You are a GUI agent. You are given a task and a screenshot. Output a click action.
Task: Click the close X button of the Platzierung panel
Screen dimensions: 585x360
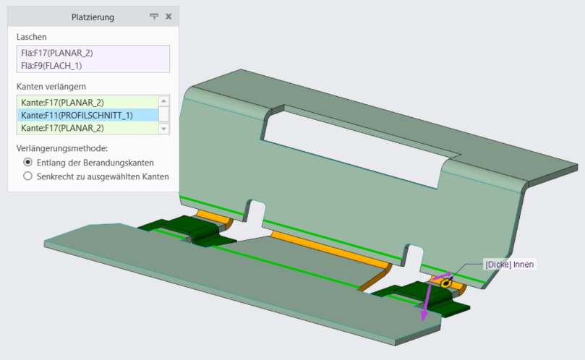(x=168, y=17)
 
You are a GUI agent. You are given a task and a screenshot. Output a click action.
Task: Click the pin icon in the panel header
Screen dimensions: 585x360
(x=154, y=17)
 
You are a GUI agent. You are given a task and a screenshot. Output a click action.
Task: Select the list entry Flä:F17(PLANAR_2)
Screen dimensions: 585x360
(x=57, y=53)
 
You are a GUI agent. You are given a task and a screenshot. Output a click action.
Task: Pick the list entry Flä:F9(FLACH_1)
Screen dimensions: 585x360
(x=51, y=66)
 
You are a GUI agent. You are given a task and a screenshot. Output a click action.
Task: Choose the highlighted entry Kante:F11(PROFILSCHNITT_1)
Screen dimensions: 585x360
(x=77, y=115)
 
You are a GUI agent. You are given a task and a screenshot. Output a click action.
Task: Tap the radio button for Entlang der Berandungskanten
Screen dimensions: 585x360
(x=27, y=162)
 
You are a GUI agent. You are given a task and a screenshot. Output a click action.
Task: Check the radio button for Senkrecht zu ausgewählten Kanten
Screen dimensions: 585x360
(x=27, y=176)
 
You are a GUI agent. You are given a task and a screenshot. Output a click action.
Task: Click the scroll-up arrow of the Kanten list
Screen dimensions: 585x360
(x=163, y=101)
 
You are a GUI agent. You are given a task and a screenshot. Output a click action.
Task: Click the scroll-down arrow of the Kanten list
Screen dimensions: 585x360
(x=163, y=129)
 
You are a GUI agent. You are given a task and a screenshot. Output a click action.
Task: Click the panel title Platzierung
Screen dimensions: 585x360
(x=93, y=17)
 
